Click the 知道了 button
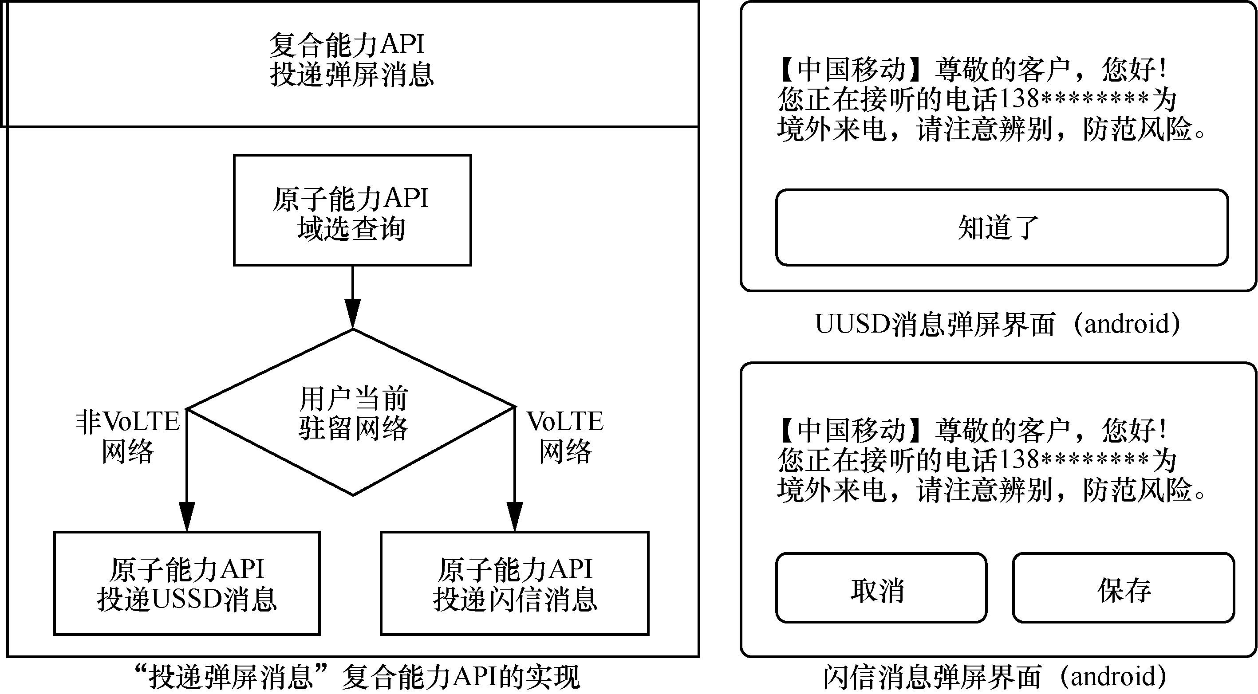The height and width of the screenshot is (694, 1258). click(x=1002, y=227)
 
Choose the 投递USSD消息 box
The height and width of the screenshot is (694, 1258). click(x=186, y=584)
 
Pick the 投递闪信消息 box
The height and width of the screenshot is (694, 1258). click(x=515, y=584)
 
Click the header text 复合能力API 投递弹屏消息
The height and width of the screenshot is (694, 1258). click(x=351, y=59)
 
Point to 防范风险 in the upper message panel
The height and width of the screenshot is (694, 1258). click(x=1138, y=130)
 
